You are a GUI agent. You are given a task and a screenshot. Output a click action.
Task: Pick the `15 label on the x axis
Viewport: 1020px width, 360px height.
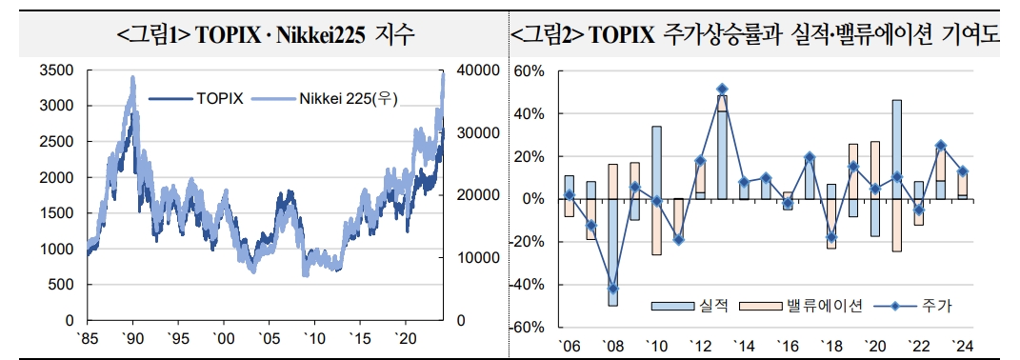pyautogui.click(x=360, y=339)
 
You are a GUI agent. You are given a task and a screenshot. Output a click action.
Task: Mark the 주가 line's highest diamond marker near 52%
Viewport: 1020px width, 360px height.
pyautogui.click(x=722, y=89)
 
